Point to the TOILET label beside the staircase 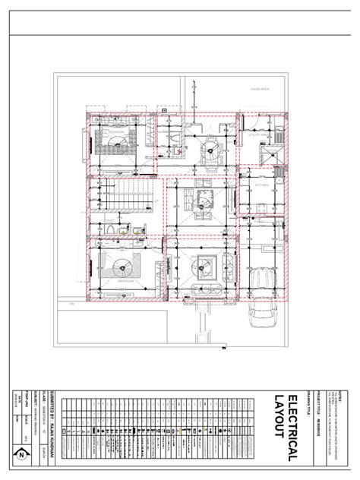(x=109, y=221)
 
